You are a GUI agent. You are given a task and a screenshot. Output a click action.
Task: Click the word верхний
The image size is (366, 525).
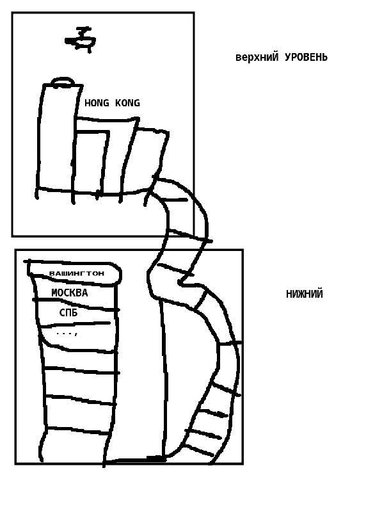257,57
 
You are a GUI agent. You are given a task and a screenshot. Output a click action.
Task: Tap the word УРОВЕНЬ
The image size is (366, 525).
306,57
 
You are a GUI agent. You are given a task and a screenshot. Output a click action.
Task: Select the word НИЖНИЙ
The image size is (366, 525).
305,294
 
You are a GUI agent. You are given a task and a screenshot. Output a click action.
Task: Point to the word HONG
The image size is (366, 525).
97,103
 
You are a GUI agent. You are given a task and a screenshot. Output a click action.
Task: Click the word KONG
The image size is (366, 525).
127,103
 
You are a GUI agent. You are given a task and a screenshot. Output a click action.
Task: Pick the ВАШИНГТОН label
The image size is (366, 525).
77,273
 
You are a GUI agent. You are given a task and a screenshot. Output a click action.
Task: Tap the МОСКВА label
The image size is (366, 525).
70,293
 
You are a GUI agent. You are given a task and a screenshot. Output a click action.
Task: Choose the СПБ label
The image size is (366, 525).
68,312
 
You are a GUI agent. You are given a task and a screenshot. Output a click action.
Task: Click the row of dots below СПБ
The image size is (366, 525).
67,334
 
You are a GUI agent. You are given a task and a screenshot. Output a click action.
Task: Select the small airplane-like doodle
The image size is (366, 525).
81,40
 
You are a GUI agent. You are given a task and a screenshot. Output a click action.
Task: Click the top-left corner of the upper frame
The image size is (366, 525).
12,13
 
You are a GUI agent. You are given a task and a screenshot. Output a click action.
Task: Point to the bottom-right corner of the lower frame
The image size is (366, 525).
243,464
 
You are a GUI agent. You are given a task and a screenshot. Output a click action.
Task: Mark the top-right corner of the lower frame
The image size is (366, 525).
243,250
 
